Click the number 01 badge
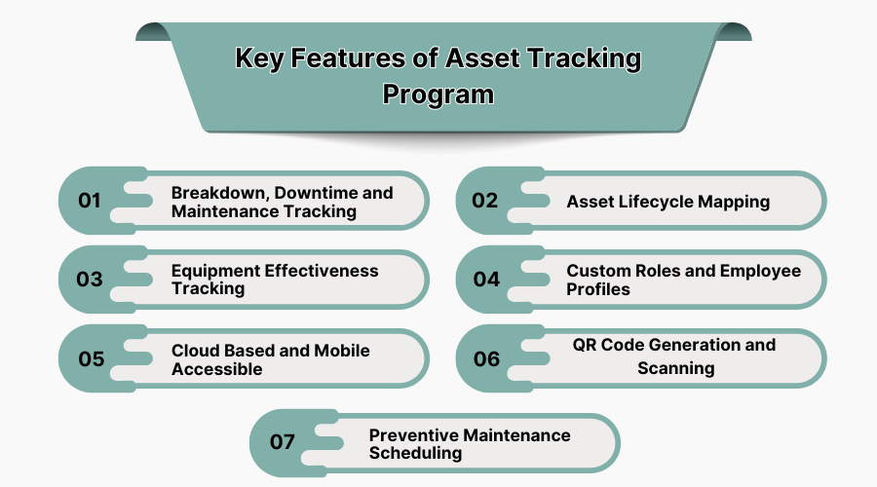[x=90, y=201]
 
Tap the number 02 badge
[x=484, y=201]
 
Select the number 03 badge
[x=90, y=280]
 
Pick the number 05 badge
[x=91, y=358]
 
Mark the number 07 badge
[x=282, y=442]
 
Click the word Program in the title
[x=438, y=95]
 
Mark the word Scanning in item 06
[x=676, y=368]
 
